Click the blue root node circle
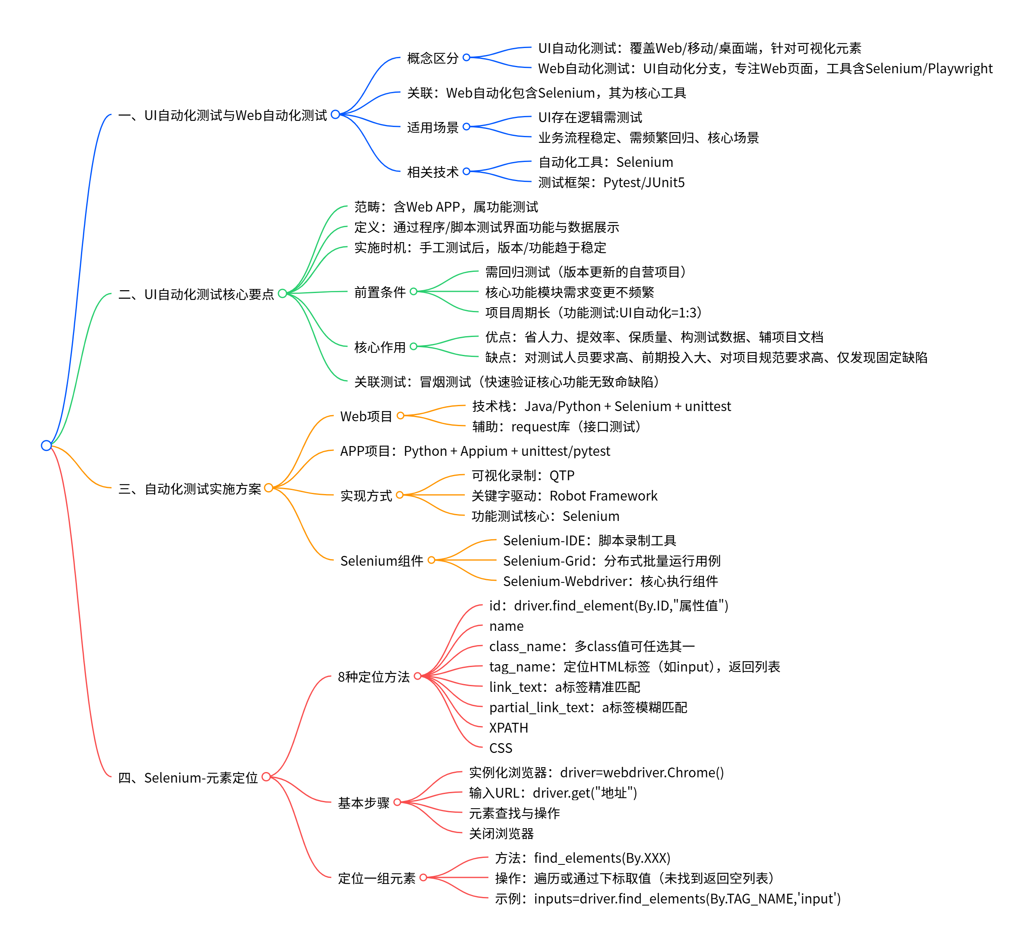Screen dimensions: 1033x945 click(x=46, y=445)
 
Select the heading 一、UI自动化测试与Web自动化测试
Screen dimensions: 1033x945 click(x=222, y=115)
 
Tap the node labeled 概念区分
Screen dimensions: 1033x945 click(x=433, y=58)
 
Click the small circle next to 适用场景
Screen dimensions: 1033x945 click(x=466, y=127)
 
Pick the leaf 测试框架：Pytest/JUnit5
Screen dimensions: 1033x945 click(x=611, y=182)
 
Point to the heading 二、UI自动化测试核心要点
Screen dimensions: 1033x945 click(x=196, y=294)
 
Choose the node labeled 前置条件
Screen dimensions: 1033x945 click(x=380, y=292)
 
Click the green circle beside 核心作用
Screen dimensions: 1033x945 click(x=414, y=346)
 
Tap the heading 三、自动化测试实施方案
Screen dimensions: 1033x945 click(x=190, y=489)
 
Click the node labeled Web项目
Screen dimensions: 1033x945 click(x=366, y=416)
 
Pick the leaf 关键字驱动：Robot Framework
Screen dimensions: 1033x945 click(x=564, y=496)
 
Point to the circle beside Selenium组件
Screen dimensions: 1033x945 click(x=431, y=560)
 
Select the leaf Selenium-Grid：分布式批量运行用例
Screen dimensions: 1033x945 click(x=611, y=561)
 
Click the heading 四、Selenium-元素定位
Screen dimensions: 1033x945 click(x=188, y=777)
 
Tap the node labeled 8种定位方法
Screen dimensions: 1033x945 click(x=374, y=677)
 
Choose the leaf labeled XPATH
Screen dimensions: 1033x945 click(x=508, y=728)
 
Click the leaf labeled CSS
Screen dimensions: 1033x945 click(x=501, y=748)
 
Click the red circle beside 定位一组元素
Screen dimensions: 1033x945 click(x=423, y=878)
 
